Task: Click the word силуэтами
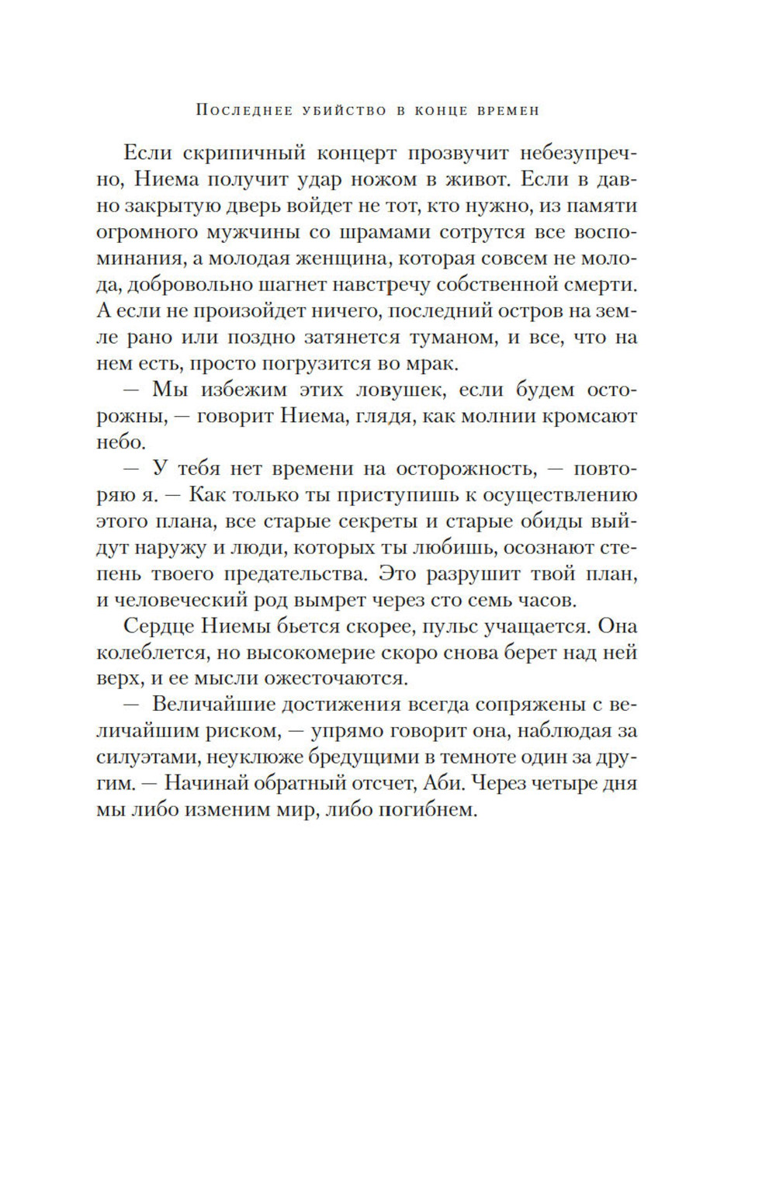140,758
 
